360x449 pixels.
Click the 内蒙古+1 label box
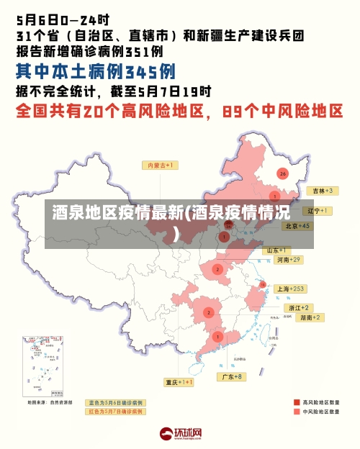point(163,165)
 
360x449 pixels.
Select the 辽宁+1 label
point(317,211)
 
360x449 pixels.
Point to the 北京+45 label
point(297,226)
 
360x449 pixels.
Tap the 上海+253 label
point(291,289)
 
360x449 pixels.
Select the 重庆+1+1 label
point(179,382)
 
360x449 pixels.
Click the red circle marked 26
point(283,173)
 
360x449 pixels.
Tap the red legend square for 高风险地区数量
point(297,402)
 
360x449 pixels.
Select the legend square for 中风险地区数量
point(297,412)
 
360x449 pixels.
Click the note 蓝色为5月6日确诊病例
point(115,403)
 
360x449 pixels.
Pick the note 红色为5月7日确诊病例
point(115,412)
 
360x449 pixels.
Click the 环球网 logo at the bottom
point(180,434)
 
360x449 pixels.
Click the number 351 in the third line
point(137,52)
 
